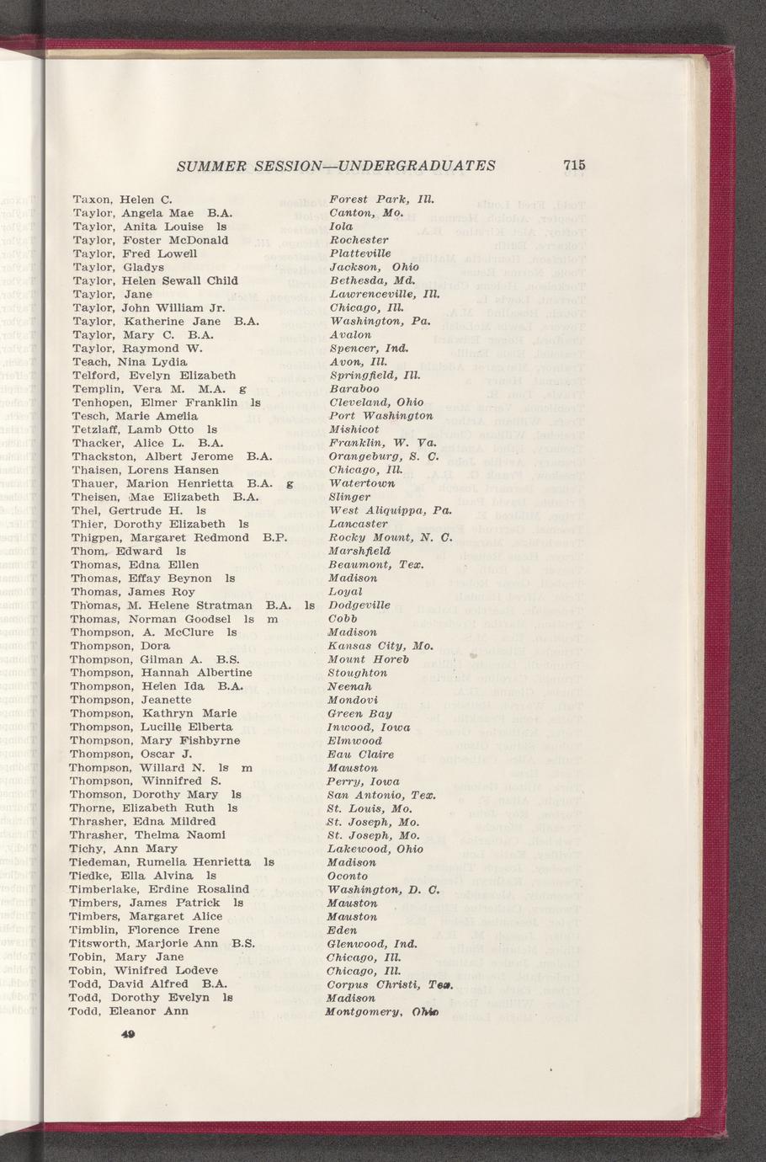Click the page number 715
pyautogui.click(x=575, y=165)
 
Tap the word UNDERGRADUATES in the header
pyautogui.click(x=412, y=165)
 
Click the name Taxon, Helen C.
pyautogui.click(x=122, y=200)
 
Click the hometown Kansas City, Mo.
pyautogui.click(x=380, y=645)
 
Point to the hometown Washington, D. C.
pyautogui.click(x=383, y=888)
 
